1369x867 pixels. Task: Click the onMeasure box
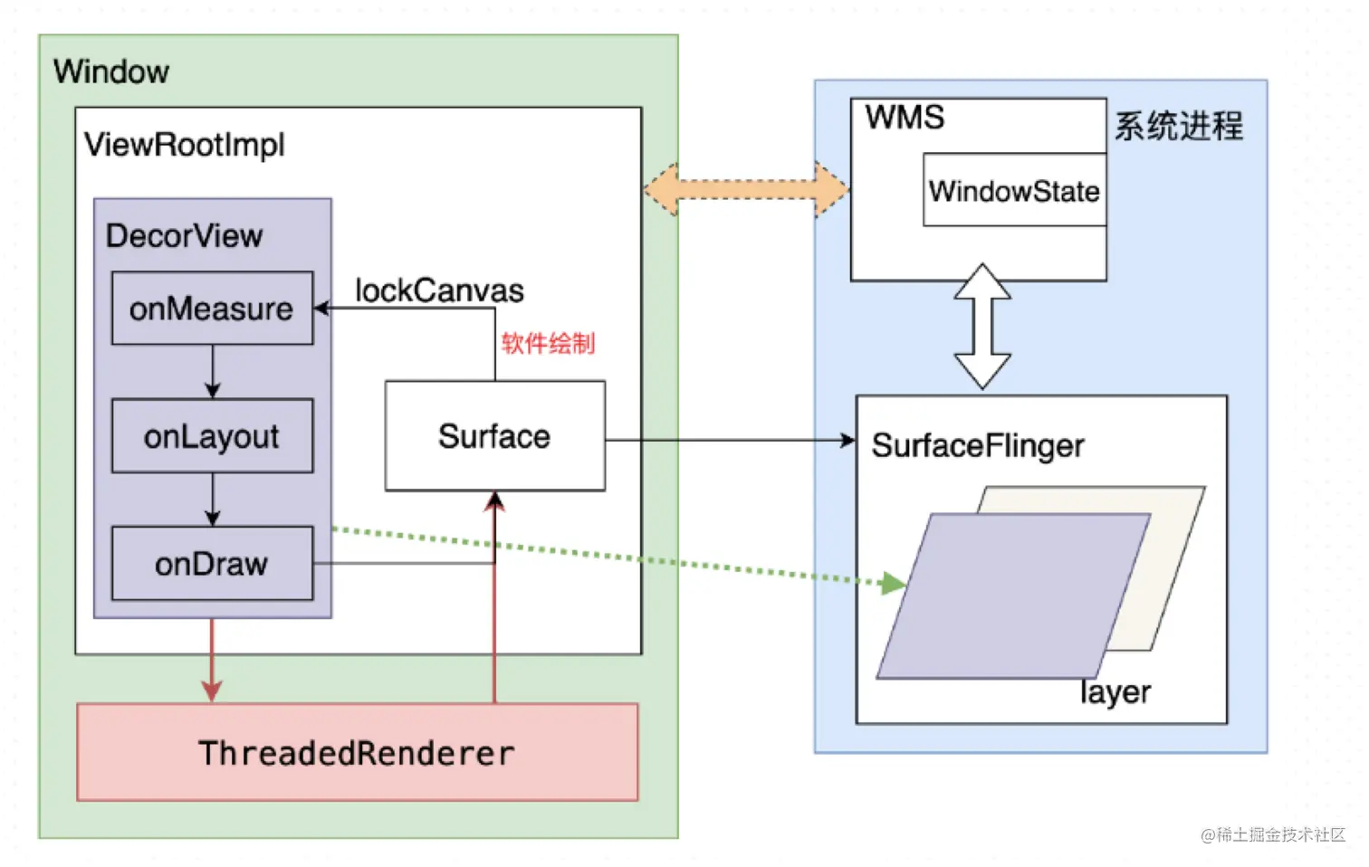tap(212, 309)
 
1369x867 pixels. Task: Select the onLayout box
tap(212, 436)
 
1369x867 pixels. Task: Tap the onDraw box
tap(212, 564)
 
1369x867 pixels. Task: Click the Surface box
tap(494, 436)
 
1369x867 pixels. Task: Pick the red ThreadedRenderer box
tap(357, 753)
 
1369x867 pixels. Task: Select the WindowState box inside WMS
tap(1014, 190)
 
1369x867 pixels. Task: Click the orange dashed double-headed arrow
tap(746, 190)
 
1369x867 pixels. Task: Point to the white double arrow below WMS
tap(982, 327)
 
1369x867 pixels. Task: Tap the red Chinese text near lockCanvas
tap(548, 344)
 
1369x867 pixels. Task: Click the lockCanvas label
tap(439, 291)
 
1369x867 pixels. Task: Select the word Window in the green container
tap(111, 71)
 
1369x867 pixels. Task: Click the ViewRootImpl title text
tap(185, 145)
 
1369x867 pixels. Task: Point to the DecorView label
tap(184, 236)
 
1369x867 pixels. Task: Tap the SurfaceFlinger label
tap(978, 445)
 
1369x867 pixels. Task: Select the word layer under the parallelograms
tap(1115, 692)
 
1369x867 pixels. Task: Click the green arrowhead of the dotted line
tap(893, 584)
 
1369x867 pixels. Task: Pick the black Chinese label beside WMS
tap(1179, 126)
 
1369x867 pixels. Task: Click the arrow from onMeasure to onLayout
tap(213, 371)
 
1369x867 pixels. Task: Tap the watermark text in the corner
tap(1273, 834)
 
